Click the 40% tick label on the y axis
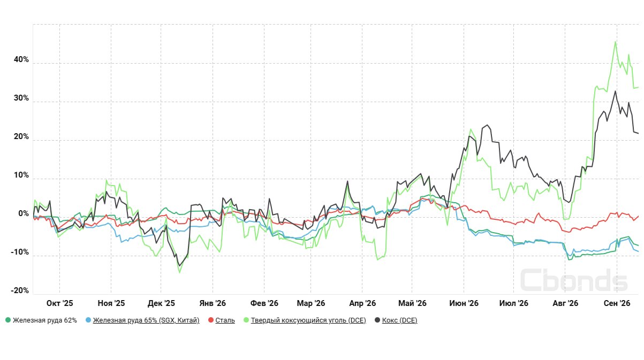click(x=21, y=59)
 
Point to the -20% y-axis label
click(x=20, y=290)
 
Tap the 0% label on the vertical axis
click(x=24, y=213)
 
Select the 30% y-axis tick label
click(x=21, y=98)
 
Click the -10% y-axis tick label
click(x=20, y=252)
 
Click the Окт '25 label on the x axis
click(x=60, y=303)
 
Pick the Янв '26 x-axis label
click(x=213, y=303)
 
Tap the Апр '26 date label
click(x=362, y=303)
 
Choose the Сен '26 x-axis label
click(x=617, y=303)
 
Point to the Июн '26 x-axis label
click(x=464, y=303)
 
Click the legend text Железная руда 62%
click(x=45, y=320)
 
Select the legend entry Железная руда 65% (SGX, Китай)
click(x=146, y=320)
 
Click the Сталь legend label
click(x=225, y=320)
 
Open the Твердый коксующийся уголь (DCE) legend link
click(x=308, y=320)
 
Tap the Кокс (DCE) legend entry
click(x=400, y=320)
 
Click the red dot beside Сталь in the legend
click(x=211, y=320)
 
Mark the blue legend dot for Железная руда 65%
click(x=88, y=320)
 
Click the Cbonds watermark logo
click(x=574, y=280)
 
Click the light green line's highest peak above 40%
click(x=615, y=42)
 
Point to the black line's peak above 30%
click(x=615, y=91)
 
